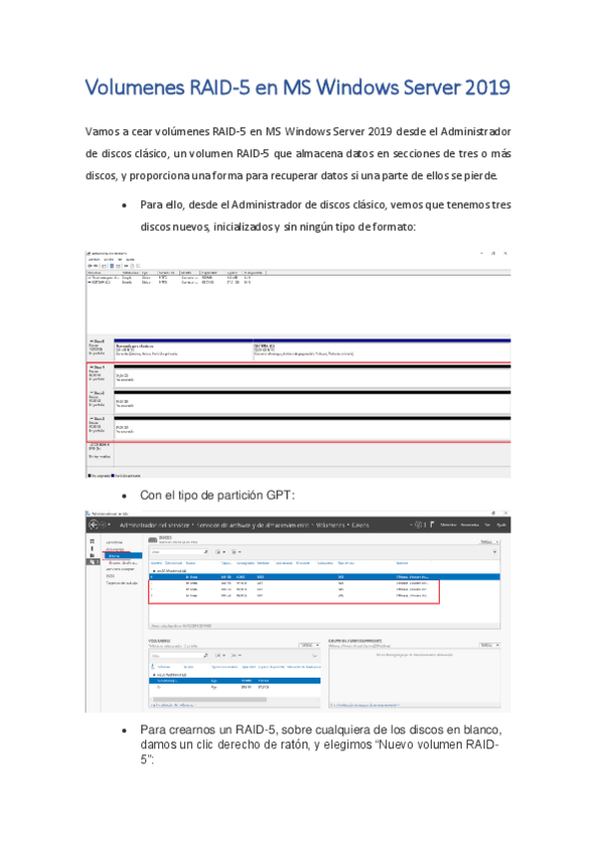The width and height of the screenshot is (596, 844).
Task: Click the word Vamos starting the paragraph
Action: click(106, 131)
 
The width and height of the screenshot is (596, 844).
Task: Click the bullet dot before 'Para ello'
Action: click(122, 205)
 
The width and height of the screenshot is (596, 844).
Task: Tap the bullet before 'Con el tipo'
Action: click(122, 495)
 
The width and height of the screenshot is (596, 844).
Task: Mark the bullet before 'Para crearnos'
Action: click(122, 731)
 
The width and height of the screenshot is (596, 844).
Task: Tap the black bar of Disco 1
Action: click(312, 367)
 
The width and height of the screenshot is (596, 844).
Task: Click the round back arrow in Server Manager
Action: click(92, 524)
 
